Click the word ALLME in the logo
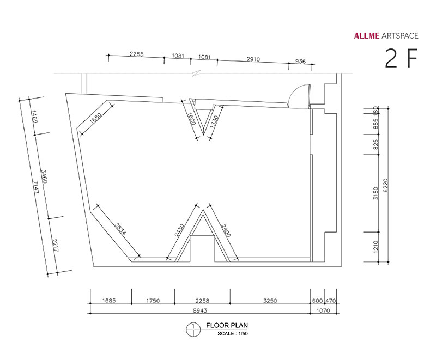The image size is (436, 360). point(366,35)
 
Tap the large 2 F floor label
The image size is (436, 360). point(401,58)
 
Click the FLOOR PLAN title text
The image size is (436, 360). point(227,325)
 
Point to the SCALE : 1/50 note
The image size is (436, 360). point(233,334)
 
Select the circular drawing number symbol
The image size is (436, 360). point(193,330)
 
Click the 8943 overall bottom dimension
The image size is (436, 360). point(200,310)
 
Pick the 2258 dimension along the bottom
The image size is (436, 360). point(202,301)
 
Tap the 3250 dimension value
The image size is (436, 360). point(270,301)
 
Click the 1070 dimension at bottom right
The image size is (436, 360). point(323,310)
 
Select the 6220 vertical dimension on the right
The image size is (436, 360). point(385,185)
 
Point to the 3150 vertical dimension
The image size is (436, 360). point(376,193)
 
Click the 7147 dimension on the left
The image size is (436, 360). point(35,187)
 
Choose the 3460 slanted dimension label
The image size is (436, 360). point(44,176)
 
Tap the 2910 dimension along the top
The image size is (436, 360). point(253,59)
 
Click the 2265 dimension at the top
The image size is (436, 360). point(137,54)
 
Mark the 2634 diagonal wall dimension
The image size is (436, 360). point(120,229)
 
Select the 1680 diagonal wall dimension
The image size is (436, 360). point(96,117)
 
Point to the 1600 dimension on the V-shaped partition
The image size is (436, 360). point(191,119)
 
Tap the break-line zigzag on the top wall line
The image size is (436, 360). point(197,74)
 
